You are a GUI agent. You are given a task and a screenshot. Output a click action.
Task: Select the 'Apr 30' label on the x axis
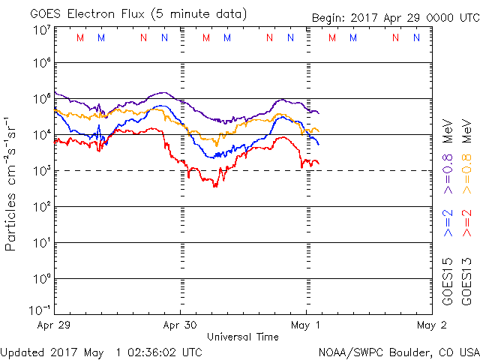180,325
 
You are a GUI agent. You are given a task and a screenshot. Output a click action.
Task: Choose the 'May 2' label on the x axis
432,325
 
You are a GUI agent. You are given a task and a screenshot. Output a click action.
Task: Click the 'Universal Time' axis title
242,337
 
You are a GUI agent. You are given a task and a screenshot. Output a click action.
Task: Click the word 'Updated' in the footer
25,351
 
